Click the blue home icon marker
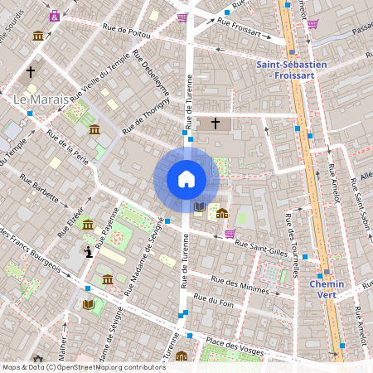(186, 178)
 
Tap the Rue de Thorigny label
(144, 117)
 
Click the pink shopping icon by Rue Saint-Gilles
(230, 233)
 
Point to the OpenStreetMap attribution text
(84, 367)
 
